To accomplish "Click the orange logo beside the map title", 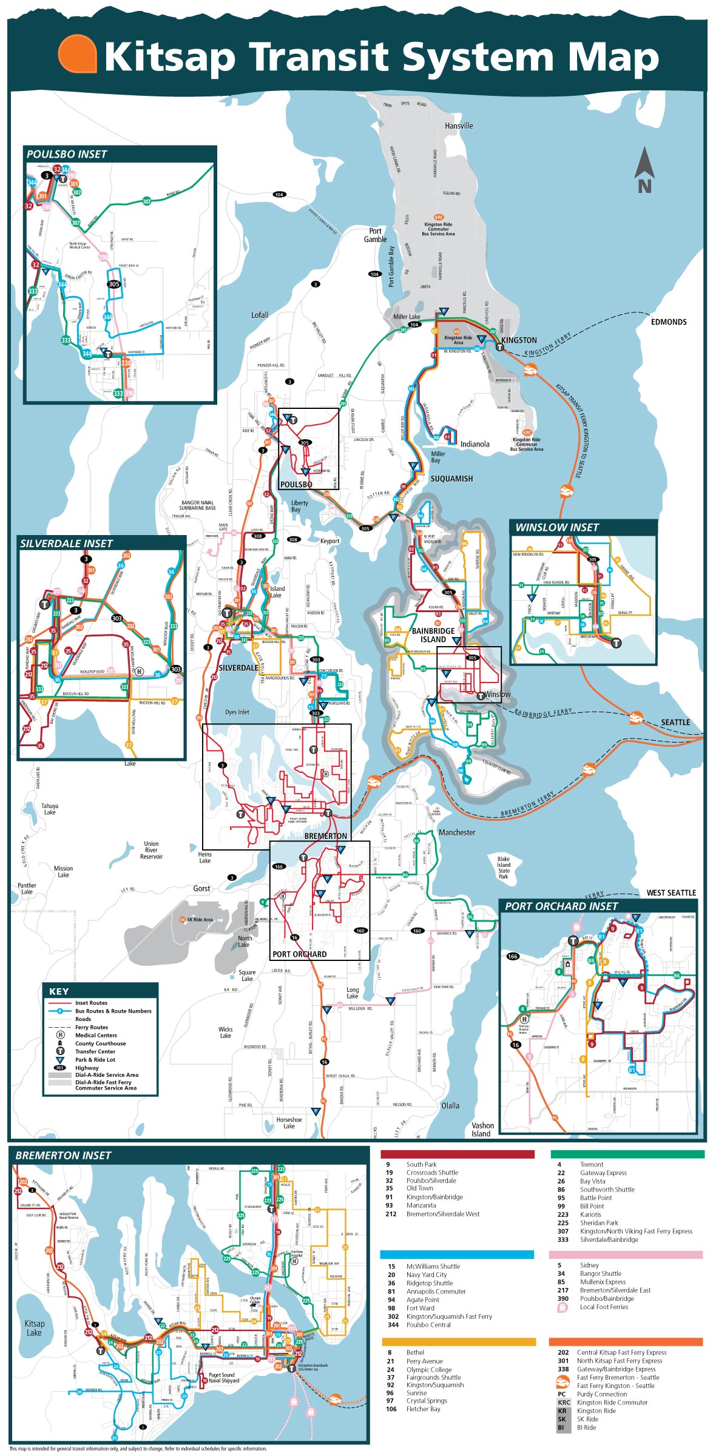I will point(77,54).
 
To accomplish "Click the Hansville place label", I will point(459,126).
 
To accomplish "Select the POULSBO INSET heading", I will point(67,155).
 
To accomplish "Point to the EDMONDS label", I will point(669,322).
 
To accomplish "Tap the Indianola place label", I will point(475,444).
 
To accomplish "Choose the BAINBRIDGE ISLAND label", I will point(433,635).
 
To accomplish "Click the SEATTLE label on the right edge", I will point(675,723).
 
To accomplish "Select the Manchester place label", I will point(457,832).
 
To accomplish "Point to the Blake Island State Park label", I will point(504,868).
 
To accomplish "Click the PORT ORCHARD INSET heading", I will point(561,906).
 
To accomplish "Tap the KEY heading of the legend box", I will point(59,991).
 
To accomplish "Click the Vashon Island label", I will point(482,1129).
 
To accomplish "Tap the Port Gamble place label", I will point(375,235).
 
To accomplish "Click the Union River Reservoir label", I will point(151,850).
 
